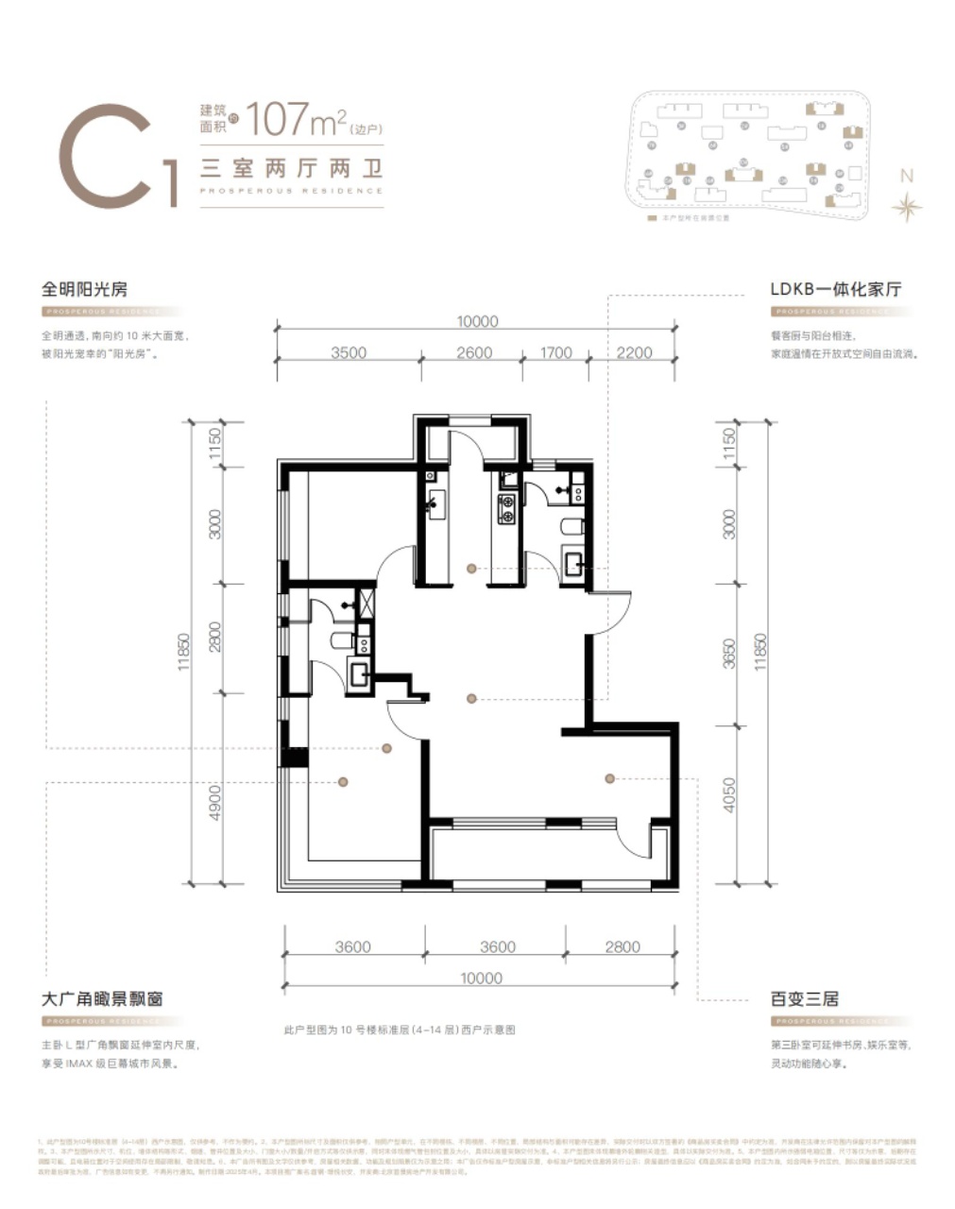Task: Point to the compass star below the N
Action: point(906,207)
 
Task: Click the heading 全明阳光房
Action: point(83,289)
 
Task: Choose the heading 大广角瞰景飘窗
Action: point(103,998)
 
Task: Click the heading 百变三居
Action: point(804,998)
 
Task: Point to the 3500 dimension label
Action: point(349,352)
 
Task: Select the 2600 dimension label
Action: point(474,352)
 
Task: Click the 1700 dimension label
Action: point(555,352)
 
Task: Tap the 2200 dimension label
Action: point(634,352)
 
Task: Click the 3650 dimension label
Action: point(728,654)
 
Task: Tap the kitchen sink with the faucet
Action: point(436,502)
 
